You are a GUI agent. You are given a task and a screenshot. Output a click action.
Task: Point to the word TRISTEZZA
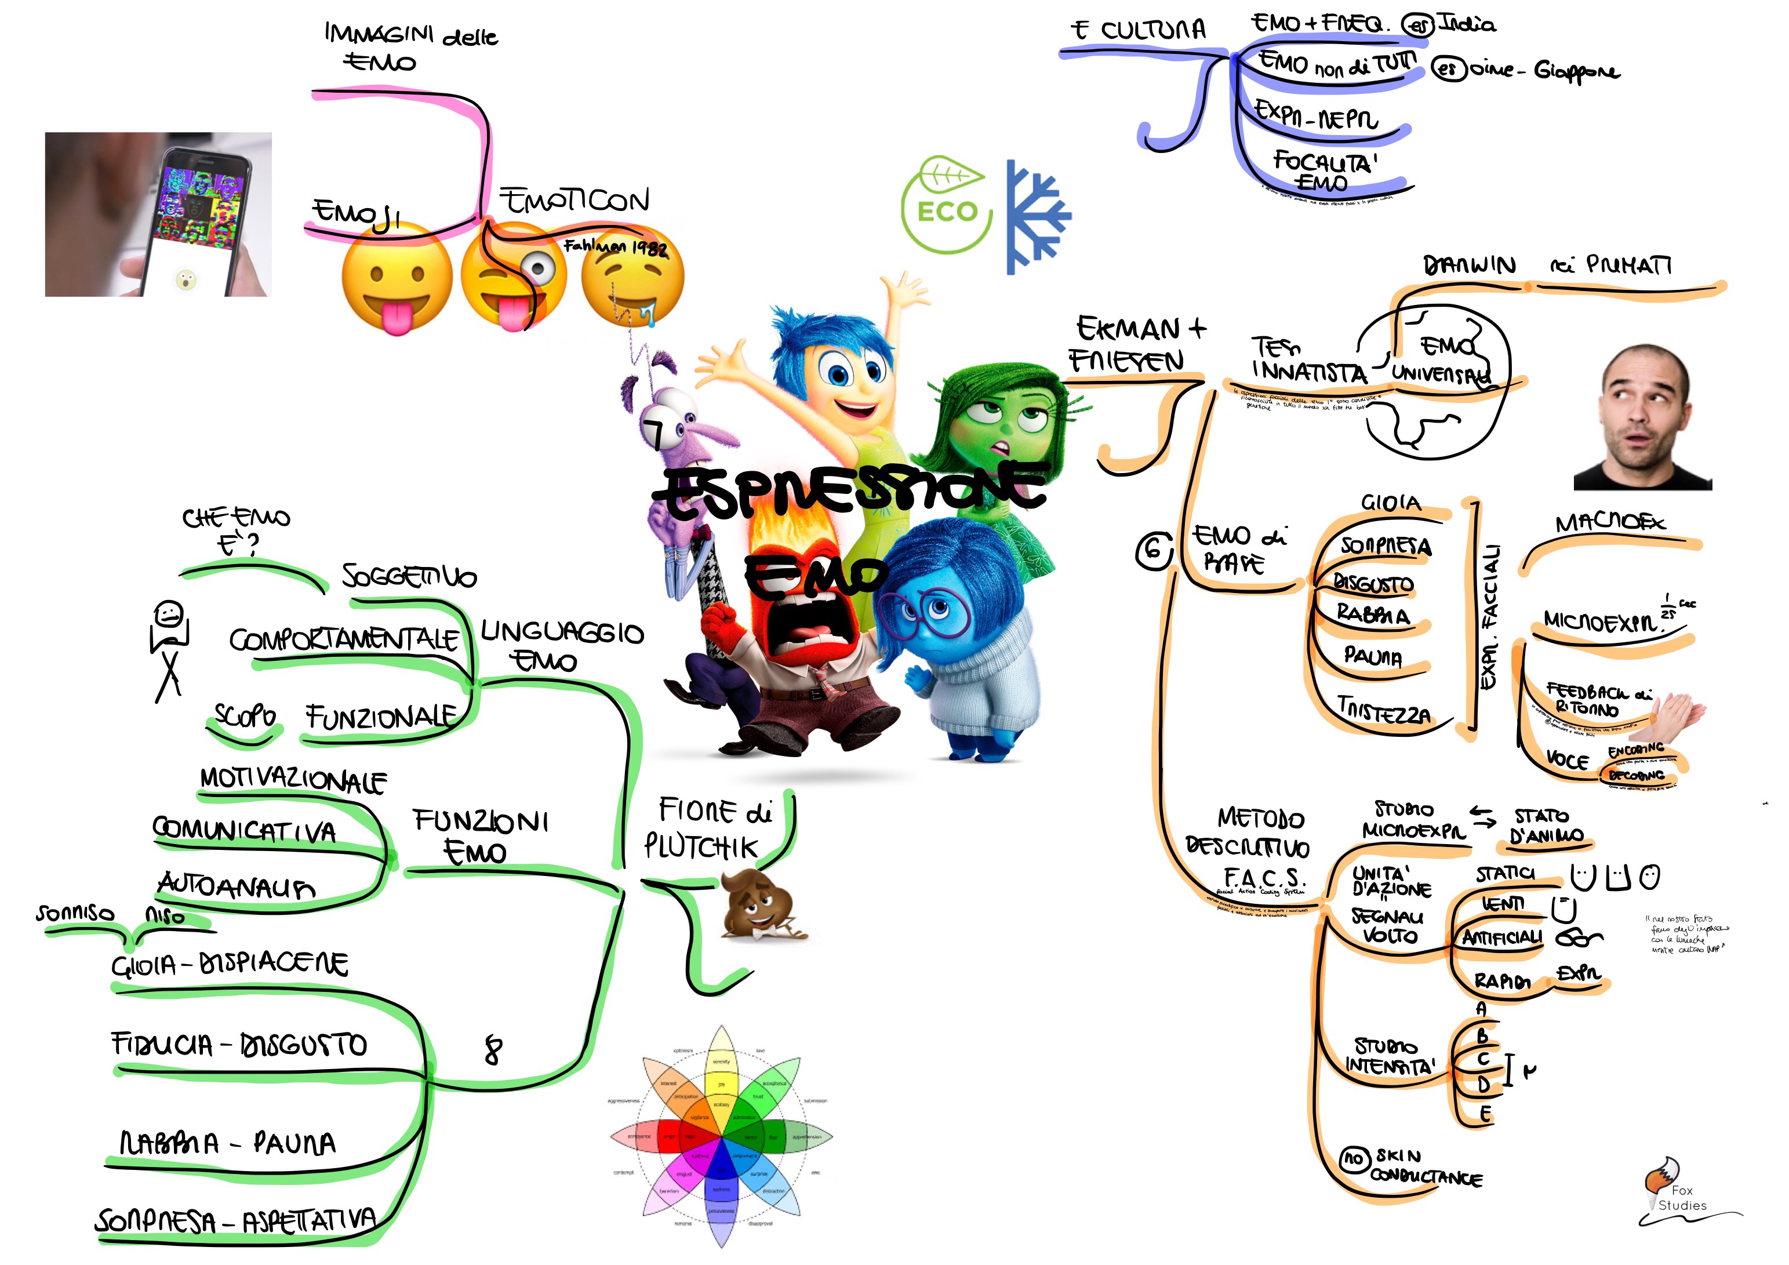[x=1383, y=709]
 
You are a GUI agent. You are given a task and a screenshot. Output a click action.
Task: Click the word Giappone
[x=1576, y=71]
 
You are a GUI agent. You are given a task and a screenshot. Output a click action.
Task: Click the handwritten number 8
[x=493, y=1049]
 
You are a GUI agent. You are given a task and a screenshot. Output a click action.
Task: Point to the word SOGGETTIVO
[x=409, y=576]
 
